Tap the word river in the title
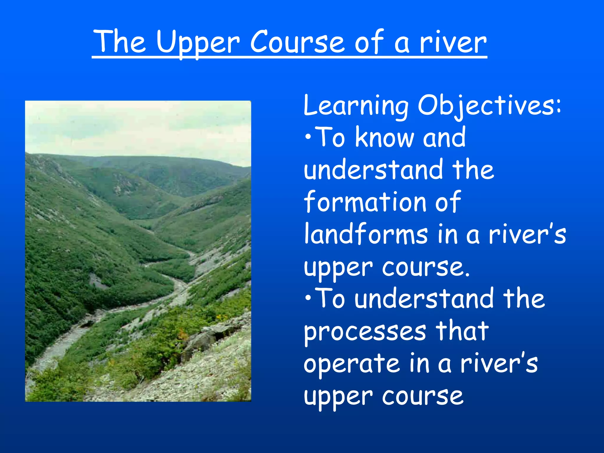coord(453,43)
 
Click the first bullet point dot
coord(308,137)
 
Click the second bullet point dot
coord(308,298)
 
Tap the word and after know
coord(444,137)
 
